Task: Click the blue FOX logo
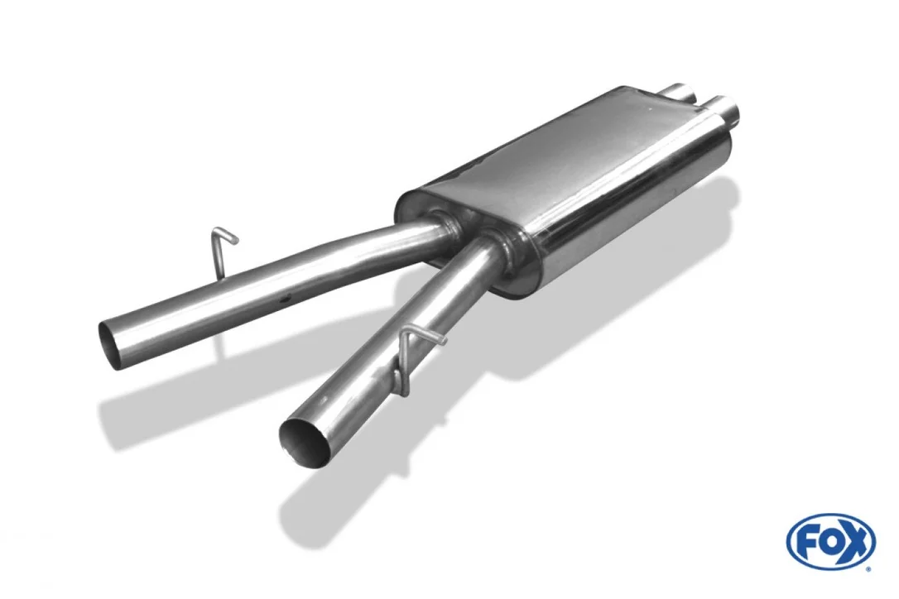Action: coord(831,540)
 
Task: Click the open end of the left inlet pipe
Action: coord(109,344)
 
